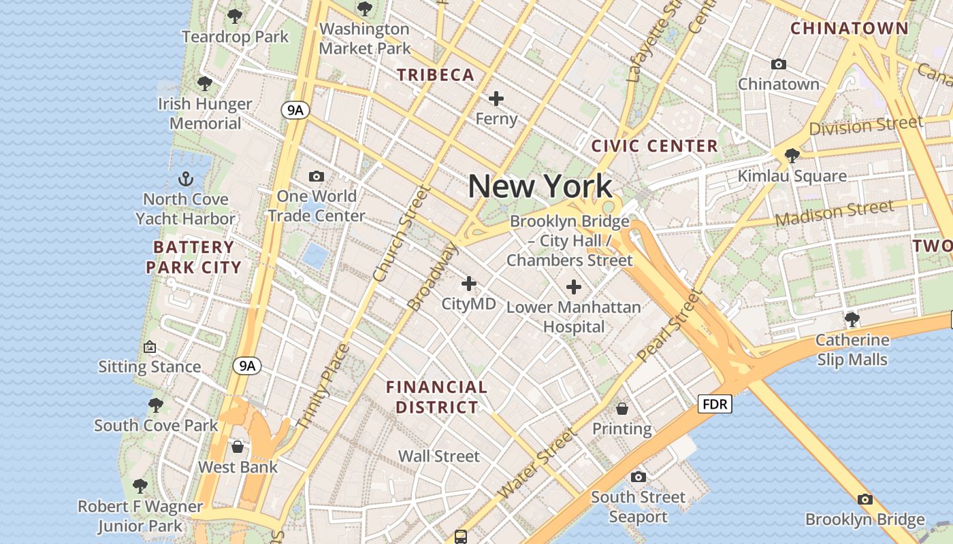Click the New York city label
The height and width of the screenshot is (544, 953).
coord(540,186)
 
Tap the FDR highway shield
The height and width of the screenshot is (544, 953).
coord(715,405)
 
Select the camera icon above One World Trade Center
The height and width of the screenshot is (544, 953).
coord(317,177)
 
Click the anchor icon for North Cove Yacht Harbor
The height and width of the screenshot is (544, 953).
coord(185,180)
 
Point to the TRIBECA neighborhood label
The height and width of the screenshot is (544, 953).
coord(436,75)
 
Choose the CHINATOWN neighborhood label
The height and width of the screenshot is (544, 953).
coord(850,29)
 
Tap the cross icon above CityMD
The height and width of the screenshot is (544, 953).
coord(469,284)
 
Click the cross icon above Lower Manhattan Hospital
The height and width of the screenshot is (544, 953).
coord(574,287)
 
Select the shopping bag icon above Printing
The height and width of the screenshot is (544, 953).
coord(622,409)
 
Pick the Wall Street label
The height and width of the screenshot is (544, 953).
coord(439,456)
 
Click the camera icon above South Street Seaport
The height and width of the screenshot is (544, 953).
coord(639,477)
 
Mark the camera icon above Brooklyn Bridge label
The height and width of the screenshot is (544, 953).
coord(865,500)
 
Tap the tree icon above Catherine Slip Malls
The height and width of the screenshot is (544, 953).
coord(852,319)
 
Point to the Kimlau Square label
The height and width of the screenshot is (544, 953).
coord(792,176)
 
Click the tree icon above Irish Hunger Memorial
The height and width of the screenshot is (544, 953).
coord(204,84)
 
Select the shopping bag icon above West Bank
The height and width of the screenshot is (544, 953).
coord(238,447)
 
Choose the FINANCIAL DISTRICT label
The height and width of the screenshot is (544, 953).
coord(437,398)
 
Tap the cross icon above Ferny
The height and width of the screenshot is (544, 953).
coord(496,99)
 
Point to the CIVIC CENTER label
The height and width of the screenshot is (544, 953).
coord(654,146)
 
